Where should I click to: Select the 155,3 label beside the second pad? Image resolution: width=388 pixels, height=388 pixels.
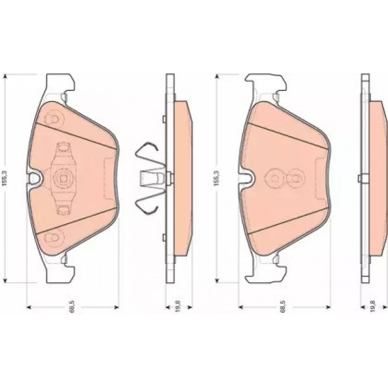click(216, 178)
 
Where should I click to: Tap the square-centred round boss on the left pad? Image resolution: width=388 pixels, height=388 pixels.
click(62, 178)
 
